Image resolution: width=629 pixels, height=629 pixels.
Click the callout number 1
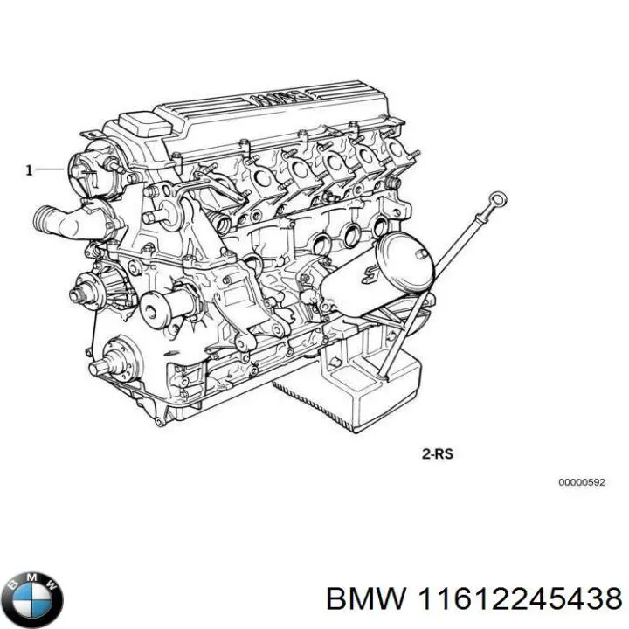pos(29,170)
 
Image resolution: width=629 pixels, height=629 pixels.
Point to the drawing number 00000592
pos(581,482)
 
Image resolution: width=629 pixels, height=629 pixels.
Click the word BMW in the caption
pos(364,598)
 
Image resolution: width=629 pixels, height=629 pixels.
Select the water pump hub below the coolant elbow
pos(88,287)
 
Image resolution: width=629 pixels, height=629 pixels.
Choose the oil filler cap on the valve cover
pos(136,123)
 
